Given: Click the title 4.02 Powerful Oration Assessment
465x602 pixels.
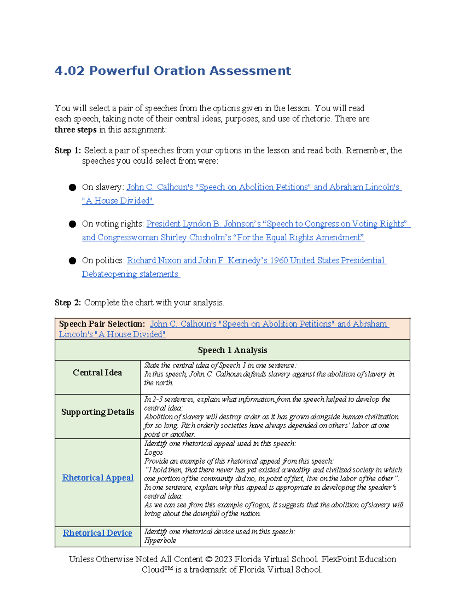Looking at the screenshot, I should [173, 71].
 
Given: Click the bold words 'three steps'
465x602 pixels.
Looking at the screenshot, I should [76, 130].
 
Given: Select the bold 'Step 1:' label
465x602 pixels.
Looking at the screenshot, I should [68, 150].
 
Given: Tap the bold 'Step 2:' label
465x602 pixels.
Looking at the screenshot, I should [68, 303].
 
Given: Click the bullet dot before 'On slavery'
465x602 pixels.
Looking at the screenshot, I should [72, 188].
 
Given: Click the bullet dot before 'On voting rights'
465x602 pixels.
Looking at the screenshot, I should [72, 224].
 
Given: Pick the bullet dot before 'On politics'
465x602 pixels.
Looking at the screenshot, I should [72, 261].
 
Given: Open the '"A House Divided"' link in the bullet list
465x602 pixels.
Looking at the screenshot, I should [117, 201].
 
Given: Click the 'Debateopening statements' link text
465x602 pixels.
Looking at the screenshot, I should [130, 274].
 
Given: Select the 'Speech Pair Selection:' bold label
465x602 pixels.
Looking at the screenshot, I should [102, 324].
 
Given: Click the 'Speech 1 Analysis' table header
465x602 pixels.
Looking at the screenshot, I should [232, 350].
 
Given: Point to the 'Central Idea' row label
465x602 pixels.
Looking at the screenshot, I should [97, 373].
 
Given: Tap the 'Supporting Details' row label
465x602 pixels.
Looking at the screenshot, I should [98, 412].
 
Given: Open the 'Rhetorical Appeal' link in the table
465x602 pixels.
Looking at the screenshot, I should [98, 478].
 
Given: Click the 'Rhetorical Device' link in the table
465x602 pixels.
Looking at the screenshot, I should [97, 533].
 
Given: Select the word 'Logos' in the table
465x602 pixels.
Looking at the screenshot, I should [153, 453].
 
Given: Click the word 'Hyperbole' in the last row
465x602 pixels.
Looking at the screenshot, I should [160, 541].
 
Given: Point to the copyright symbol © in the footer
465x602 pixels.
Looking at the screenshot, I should [209, 559].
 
